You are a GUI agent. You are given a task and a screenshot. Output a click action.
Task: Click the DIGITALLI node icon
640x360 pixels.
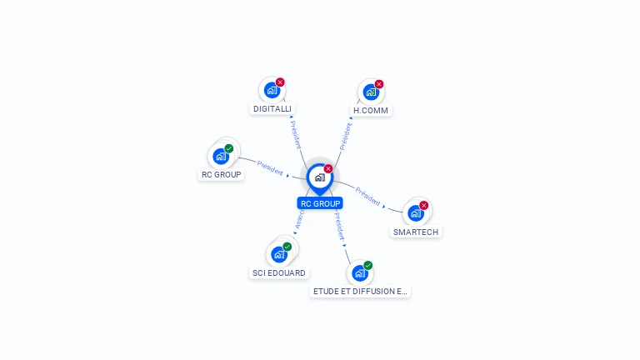click(x=272, y=90)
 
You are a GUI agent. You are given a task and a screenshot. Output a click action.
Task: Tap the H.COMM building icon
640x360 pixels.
click(x=370, y=92)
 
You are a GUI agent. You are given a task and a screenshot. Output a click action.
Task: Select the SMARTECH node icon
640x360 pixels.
click(x=416, y=212)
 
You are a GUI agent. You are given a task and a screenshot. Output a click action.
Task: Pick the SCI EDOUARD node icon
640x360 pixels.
click(x=279, y=254)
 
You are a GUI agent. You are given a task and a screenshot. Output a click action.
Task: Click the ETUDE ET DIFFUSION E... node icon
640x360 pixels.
click(x=360, y=272)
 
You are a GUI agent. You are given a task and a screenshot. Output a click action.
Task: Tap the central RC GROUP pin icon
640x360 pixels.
click(x=319, y=177)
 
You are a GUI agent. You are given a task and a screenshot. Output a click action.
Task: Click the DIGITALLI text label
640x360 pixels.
click(x=272, y=109)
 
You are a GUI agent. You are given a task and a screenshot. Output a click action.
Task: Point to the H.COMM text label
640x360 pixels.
click(x=371, y=110)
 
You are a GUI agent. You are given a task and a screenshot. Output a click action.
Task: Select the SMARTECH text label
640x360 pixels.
click(x=416, y=232)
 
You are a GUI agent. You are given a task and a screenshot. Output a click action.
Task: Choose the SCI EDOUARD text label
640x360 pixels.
click(x=279, y=272)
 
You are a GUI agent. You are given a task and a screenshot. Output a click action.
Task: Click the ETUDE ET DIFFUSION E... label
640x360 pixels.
click(x=360, y=292)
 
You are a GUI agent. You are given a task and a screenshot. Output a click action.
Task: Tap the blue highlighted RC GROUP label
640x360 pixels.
click(x=320, y=203)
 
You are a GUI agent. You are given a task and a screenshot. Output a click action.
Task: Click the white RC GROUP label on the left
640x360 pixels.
click(x=221, y=175)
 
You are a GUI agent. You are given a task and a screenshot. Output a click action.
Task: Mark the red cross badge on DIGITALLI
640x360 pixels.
click(x=280, y=82)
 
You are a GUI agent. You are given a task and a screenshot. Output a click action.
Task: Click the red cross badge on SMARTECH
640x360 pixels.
click(x=423, y=205)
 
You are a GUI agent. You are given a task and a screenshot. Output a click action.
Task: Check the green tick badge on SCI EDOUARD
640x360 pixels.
click(x=287, y=247)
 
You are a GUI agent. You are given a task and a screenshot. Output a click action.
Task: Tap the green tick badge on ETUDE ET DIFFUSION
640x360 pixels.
click(x=367, y=265)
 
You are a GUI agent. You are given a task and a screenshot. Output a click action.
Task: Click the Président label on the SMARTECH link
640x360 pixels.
click(x=368, y=197)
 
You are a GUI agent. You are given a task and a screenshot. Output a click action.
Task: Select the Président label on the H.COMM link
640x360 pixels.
click(x=346, y=135)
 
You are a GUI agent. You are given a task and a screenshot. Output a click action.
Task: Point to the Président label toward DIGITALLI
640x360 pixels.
click(x=295, y=133)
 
